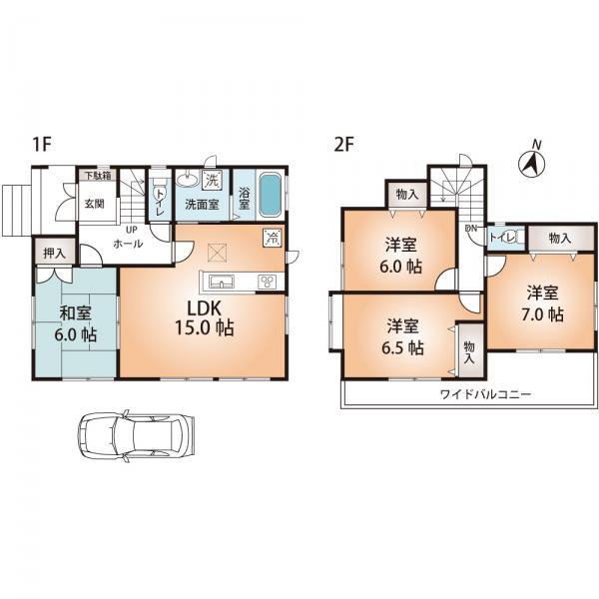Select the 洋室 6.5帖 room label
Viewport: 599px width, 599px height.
tap(401, 337)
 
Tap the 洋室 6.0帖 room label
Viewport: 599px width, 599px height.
tap(401, 254)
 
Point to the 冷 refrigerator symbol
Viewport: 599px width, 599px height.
tap(272, 238)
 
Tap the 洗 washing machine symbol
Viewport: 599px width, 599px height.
tap(212, 181)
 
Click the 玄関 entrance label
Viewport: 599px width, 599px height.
tap(94, 204)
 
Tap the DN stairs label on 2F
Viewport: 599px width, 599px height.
tap(470, 229)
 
